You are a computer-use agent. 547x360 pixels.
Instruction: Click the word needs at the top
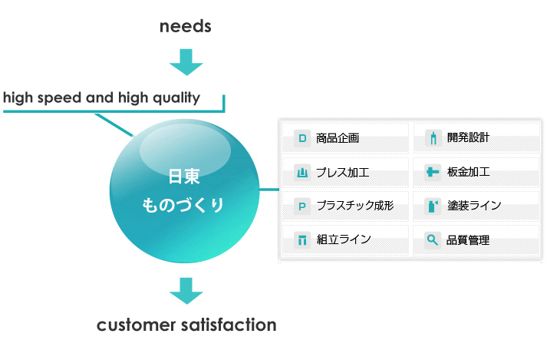pos(185,27)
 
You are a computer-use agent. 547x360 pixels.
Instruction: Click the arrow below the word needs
pos(186,62)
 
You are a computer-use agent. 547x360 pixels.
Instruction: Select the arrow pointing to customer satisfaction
pos(186,291)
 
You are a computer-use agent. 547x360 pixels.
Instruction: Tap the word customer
pos(136,325)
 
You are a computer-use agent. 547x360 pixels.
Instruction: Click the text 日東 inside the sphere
pos(184,177)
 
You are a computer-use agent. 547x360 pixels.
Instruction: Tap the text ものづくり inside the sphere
pos(183,205)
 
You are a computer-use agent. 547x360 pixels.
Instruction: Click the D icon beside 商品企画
pos(302,138)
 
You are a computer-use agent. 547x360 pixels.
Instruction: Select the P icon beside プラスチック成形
pos(302,206)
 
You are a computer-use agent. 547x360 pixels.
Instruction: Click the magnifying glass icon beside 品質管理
pos(433,240)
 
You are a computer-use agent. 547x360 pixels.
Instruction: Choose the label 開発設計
pos(468,137)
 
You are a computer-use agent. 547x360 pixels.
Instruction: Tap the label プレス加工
pos(342,173)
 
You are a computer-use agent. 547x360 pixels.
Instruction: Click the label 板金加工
pos(468,172)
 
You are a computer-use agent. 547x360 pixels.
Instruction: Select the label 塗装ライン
pos(474,205)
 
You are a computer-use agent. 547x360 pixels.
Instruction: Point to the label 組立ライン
pos(344,239)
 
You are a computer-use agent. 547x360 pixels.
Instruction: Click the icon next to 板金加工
pos(433,172)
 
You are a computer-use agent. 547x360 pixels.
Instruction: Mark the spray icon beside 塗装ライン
pos(433,206)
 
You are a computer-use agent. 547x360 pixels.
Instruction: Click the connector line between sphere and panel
pos(269,190)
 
